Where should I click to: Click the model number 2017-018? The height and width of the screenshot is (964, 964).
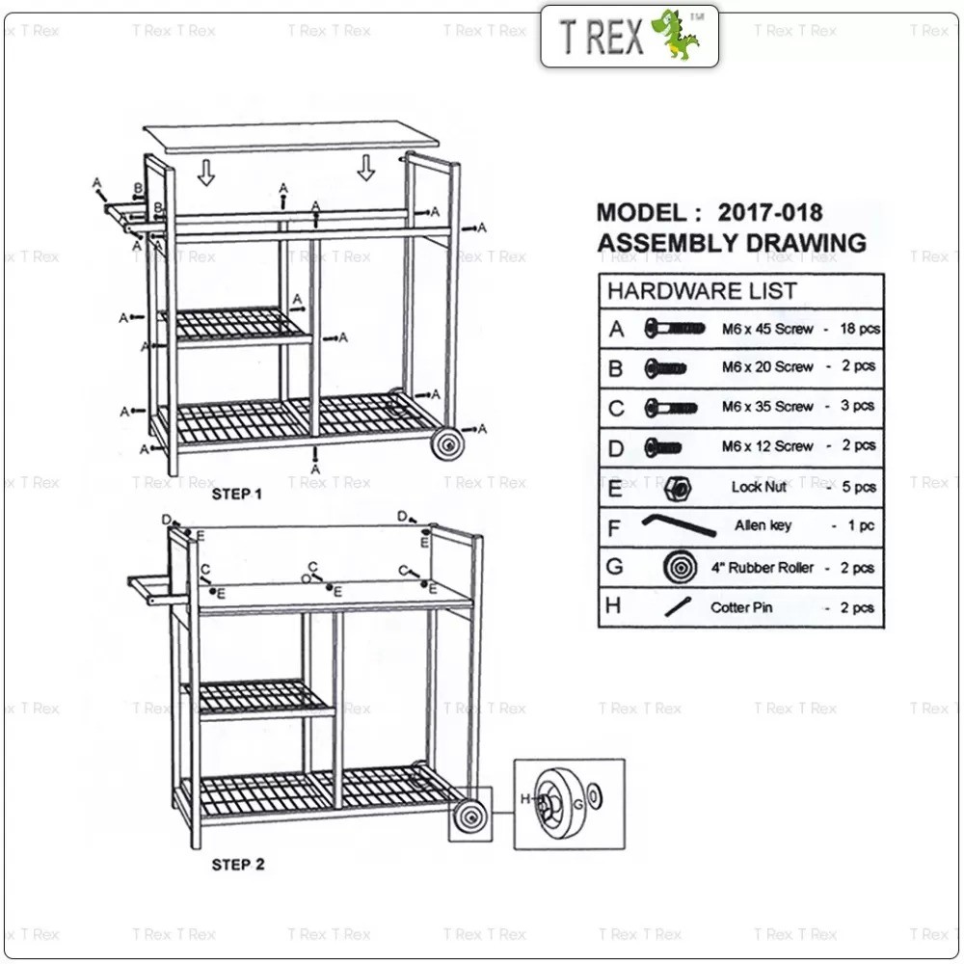[x=769, y=213]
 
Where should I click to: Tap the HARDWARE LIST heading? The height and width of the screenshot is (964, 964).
[x=702, y=291]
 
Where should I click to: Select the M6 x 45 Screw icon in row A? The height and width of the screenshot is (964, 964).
[x=675, y=329]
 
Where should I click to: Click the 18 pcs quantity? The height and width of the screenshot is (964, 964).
[x=860, y=329]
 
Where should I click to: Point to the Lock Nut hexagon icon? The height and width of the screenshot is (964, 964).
[x=678, y=489]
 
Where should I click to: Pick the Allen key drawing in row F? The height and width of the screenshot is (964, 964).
[x=679, y=525]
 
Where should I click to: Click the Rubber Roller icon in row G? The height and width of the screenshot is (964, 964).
[x=680, y=567]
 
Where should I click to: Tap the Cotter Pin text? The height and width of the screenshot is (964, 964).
[x=740, y=607]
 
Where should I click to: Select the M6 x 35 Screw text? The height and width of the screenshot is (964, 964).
[x=767, y=407]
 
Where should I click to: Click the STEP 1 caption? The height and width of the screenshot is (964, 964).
[x=237, y=495]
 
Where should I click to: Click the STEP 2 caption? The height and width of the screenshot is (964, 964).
[x=238, y=865]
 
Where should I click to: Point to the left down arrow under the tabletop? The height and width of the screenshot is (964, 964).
[x=206, y=173]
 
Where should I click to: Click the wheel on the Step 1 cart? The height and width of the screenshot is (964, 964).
[x=447, y=443]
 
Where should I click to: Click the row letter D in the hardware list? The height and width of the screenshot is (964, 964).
[x=615, y=448]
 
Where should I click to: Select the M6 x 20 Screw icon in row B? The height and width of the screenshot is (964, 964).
[x=665, y=368]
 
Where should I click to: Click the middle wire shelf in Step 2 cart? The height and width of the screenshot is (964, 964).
[x=258, y=698]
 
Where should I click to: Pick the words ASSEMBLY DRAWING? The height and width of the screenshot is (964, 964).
[x=732, y=243]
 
